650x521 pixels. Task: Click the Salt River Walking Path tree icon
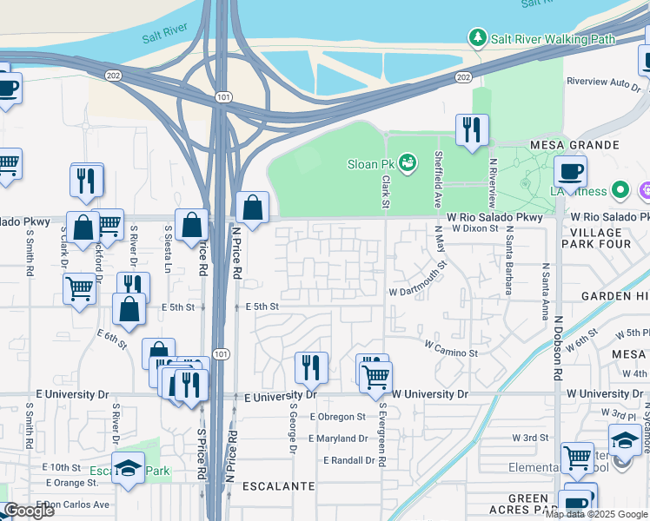[x=477, y=38]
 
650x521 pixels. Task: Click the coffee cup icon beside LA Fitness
[x=569, y=170]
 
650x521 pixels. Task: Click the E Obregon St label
[x=339, y=418]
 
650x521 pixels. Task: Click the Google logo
[x=29, y=511]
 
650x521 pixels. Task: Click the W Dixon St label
[x=475, y=228]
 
